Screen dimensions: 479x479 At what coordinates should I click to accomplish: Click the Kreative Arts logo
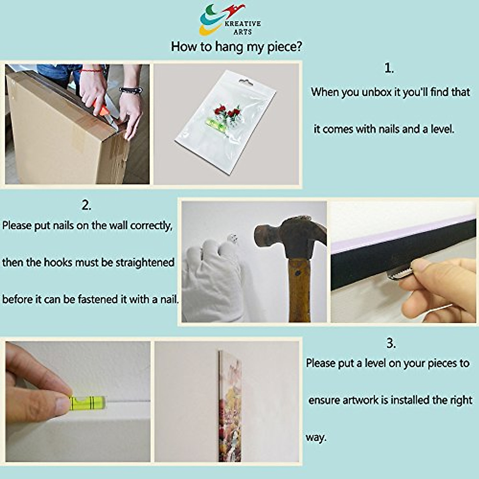tap(230, 20)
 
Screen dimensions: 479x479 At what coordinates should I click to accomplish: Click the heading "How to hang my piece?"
tap(236, 47)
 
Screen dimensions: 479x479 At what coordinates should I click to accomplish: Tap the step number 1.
tap(389, 68)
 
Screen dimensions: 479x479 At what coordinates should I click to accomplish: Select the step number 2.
tap(86, 206)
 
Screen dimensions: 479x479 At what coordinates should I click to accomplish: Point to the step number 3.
tap(391, 344)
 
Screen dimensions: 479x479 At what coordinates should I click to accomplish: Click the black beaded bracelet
tap(131, 90)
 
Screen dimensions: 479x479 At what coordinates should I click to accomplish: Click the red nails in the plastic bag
tap(228, 112)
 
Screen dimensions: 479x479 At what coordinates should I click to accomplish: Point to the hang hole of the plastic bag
tap(246, 82)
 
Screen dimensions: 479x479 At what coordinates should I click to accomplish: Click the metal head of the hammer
tap(291, 236)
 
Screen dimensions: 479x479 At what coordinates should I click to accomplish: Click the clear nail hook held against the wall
tap(233, 239)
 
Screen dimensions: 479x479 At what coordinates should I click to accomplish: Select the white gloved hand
tap(211, 281)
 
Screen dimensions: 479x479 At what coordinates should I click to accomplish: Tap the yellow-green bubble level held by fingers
tap(87, 403)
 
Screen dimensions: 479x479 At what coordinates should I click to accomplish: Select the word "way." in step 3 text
tap(316, 437)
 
